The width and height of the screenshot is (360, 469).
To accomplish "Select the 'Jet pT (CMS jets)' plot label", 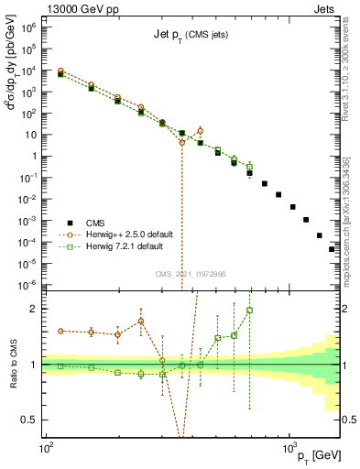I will tap(191, 34).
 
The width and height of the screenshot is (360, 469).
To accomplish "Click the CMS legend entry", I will tap(94, 222).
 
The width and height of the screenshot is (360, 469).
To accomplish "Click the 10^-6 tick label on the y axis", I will tap(30, 285).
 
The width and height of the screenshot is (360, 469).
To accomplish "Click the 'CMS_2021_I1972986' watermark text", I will tap(191, 274).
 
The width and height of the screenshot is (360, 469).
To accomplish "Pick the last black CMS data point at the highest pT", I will tap(332, 249).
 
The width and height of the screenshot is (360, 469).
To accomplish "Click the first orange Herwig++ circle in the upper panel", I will tap(60, 71).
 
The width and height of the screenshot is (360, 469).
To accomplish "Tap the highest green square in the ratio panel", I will tap(249, 311).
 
